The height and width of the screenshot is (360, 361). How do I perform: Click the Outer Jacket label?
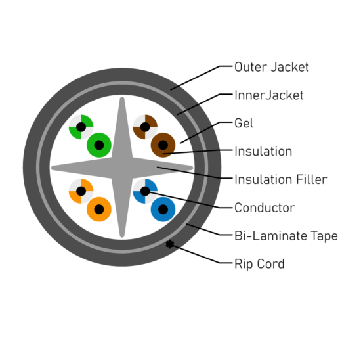pyautogui.click(x=272, y=67)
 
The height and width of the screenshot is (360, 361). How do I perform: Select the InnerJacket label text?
pyautogui.click(x=269, y=95)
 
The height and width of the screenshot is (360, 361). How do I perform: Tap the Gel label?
pyautogui.click(x=244, y=123)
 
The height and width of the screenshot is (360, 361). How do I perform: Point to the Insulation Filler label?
pyautogui.click(x=281, y=179)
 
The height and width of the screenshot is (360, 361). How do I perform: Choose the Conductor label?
pyautogui.click(x=265, y=208)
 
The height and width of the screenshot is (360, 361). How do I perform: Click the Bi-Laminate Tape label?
pyautogui.click(x=286, y=236)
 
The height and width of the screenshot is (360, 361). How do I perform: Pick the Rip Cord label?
pyautogui.click(x=259, y=264)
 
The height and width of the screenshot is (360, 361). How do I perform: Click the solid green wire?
pyautogui.click(x=99, y=145)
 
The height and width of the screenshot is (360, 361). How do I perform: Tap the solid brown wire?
pyautogui.click(x=163, y=145)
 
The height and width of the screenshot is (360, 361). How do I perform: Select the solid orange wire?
pyautogui.click(x=99, y=210)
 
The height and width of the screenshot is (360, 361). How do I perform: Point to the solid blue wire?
pyautogui.click(x=163, y=210)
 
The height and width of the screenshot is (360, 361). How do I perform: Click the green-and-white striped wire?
pyautogui.click(x=81, y=127)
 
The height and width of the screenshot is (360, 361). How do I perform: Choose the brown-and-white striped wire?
pyautogui.click(x=145, y=127)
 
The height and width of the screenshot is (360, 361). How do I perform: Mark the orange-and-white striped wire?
pyautogui.click(x=81, y=191)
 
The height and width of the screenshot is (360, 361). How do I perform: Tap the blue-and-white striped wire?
pyautogui.click(x=145, y=191)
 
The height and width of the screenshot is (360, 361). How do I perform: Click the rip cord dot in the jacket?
pyautogui.click(x=170, y=244)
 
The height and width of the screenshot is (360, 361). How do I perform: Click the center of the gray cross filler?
pyautogui.click(x=122, y=168)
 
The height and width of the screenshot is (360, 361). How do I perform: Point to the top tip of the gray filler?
pyautogui.click(x=122, y=97)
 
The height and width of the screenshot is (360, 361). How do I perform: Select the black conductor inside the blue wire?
pyautogui.click(x=163, y=210)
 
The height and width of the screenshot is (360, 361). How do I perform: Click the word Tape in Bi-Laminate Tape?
pyautogui.click(x=324, y=236)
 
